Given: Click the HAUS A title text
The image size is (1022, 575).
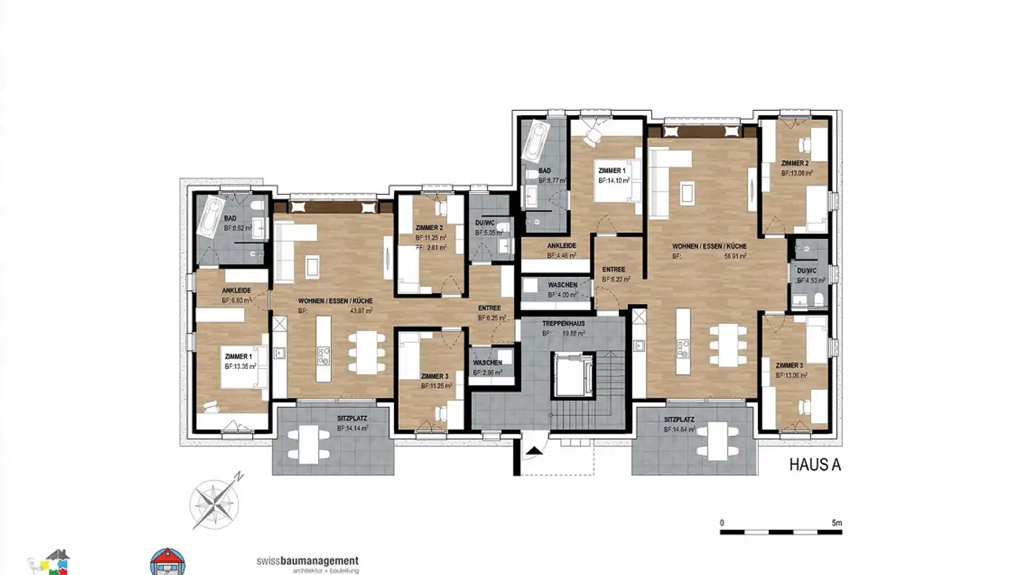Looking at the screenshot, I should click(815, 465).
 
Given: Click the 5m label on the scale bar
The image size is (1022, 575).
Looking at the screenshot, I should click(837, 522).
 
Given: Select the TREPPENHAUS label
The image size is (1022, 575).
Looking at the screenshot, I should click(564, 324).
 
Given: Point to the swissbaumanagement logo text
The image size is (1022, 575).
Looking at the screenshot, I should click(307, 561).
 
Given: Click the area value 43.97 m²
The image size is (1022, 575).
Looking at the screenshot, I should click(360, 311).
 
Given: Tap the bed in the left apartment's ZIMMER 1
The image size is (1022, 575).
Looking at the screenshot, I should click(243, 367).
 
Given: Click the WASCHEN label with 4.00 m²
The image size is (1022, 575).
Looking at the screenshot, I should click(562, 285).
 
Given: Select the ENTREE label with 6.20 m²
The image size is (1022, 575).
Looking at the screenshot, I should click(614, 270).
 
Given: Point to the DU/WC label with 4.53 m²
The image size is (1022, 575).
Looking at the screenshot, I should click(806, 271).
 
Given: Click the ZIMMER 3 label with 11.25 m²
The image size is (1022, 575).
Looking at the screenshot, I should click(435, 376).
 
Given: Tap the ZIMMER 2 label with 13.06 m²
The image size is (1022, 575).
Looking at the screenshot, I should click(796, 163).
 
